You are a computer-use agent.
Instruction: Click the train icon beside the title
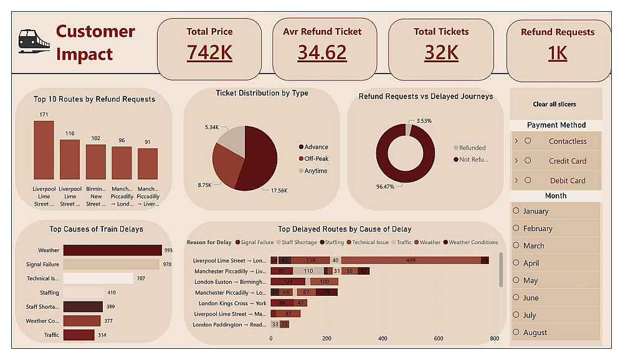pyautogui.click(x=34, y=41)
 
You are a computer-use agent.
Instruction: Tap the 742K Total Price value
pyautogui.click(x=209, y=52)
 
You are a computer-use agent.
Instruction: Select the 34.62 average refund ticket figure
pyautogui.click(x=321, y=52)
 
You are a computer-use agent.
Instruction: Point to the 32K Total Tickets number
pyautogui.click(x=441, y=52)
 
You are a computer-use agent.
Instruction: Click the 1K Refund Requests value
pyautogui.click(x=558, y=54)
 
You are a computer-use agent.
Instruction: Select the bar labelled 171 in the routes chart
pyautogui.click(x=44, y=150)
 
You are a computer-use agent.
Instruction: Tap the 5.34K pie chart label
pyautogui.click(x=212, y=127)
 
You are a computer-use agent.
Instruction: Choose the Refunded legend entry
pyautogui.click(x=472, y=148)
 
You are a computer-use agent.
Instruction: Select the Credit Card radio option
pyautogui.click(x=528, y=161)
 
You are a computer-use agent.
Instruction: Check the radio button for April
pyautogui.click(x=516, y=263)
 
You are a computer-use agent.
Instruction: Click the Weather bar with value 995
pyautogui.click(x=112, y=250)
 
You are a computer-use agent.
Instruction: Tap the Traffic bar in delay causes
pyautogui.click(x=78, y=335)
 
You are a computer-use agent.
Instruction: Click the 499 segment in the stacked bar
pyautogui.click(x=411, y=260)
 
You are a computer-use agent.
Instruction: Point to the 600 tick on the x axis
pyautogui.click(x=439, y=338)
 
